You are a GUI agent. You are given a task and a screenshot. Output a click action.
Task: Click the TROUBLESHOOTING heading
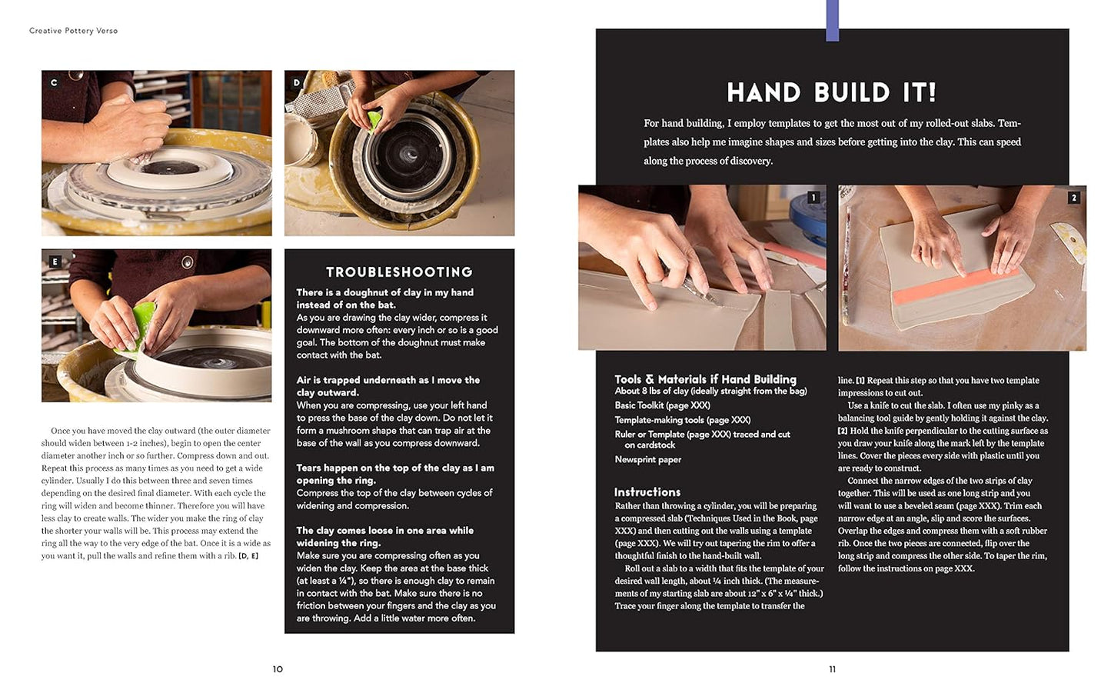pos(399,272)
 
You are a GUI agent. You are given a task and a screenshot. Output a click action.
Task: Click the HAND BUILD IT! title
pos(832,93)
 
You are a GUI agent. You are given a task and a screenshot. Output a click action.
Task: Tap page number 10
pos(278,669)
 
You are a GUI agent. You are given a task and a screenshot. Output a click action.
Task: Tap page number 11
pos(832,669)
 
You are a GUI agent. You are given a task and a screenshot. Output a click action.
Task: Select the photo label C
pos(54,83)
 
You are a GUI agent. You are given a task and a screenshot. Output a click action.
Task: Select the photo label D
pos(297,83)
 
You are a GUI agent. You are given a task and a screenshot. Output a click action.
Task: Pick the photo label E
pos(55,262)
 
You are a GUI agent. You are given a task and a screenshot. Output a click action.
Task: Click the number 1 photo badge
pos(813,198)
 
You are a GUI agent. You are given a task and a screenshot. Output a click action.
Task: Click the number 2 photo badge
pos(1073,198)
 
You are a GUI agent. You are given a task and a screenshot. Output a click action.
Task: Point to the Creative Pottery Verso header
pos(74,31)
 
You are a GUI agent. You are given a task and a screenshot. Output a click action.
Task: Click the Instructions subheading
pos(647,492)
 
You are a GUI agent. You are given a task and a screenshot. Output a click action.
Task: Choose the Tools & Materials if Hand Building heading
pos(705,379)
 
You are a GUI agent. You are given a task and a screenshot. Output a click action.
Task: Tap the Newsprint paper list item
pos(647,460)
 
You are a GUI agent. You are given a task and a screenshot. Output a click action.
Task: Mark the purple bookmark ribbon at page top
pos(832,20)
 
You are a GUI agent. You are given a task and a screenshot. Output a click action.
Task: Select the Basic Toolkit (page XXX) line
pos(662,405)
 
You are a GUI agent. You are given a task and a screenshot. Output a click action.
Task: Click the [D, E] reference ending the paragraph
pos(248,556)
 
